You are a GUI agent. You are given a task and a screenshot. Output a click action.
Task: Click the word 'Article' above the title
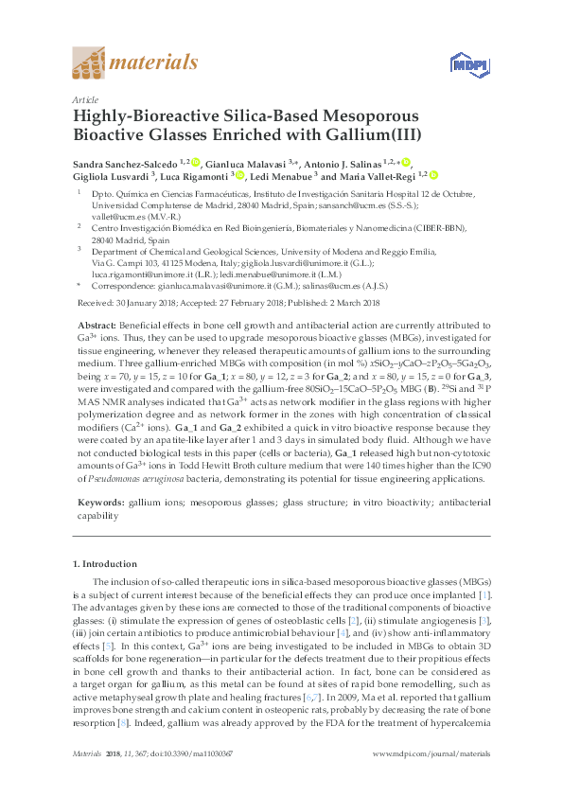[85, 98]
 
